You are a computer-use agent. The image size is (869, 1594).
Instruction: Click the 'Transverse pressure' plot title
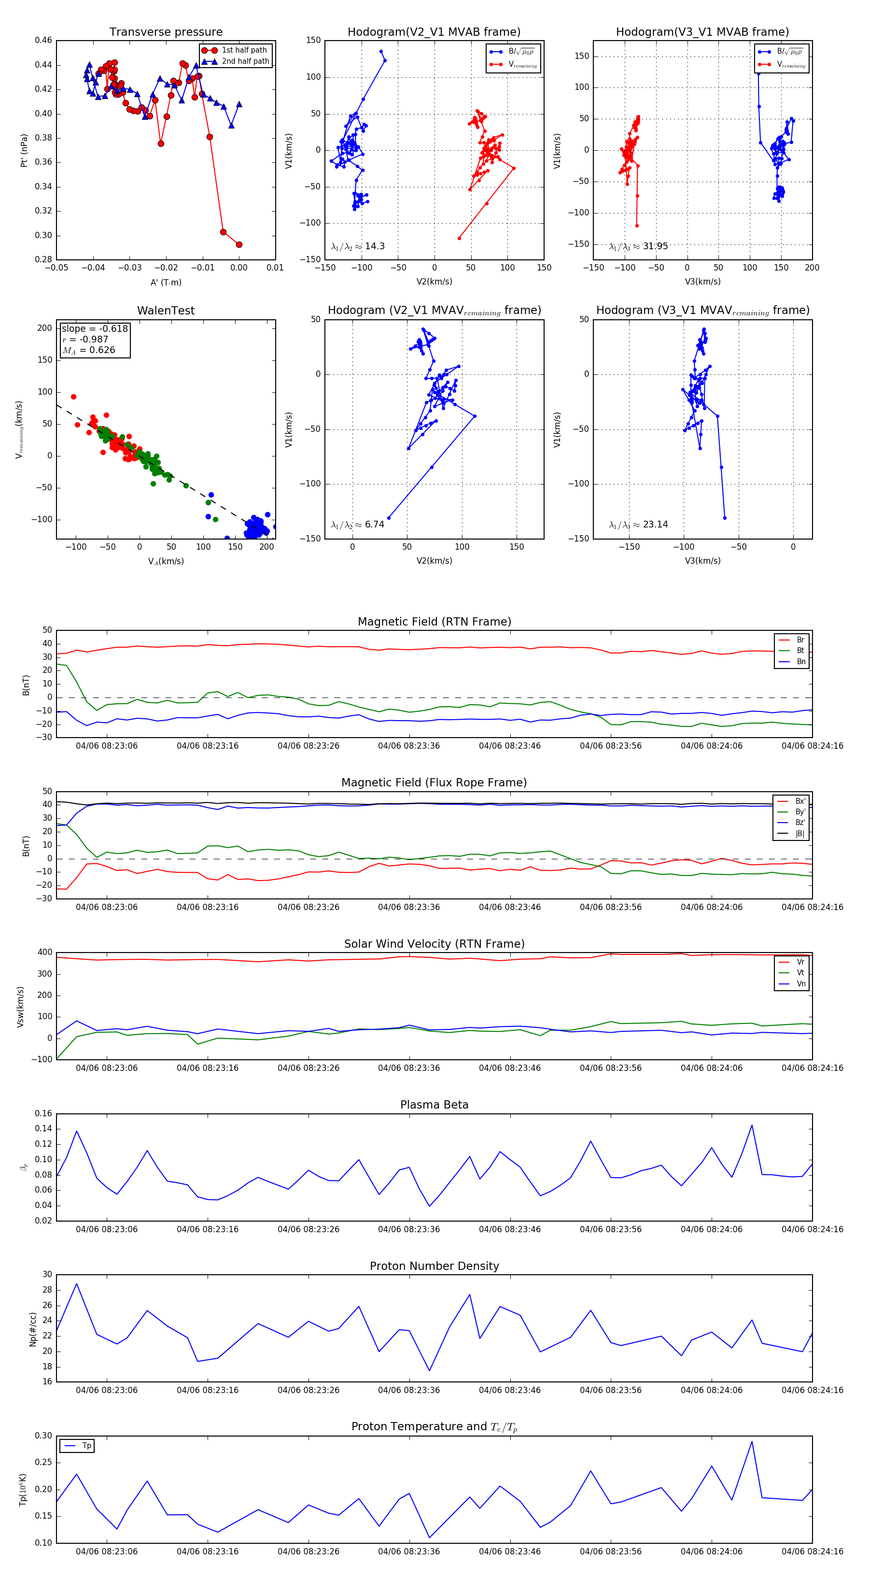pos(166,32)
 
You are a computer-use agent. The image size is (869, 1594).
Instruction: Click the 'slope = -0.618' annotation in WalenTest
pos(95,328)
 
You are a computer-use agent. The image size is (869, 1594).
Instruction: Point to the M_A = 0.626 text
pos(88,350)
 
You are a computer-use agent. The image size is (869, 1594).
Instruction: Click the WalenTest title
pos(166,311)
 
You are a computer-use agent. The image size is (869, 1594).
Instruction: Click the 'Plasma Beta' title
pos(434,1105)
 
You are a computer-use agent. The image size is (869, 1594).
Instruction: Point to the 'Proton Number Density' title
pos(434,1266)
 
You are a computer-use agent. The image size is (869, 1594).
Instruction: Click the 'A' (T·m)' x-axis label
pos(166,282)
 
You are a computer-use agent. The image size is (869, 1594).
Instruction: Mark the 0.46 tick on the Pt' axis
pos(43,40)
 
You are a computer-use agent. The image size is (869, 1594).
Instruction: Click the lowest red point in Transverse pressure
pos(239,244)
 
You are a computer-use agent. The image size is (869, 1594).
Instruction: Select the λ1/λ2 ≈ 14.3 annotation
pos(358,246)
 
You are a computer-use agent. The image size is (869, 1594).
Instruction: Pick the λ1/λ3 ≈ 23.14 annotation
pos(638,525)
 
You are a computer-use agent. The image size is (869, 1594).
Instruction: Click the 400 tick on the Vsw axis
pos(44,953)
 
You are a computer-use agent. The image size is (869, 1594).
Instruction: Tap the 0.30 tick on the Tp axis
pos(43,1436)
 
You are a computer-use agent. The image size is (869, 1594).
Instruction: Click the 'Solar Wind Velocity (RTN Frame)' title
pos(434,944)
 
